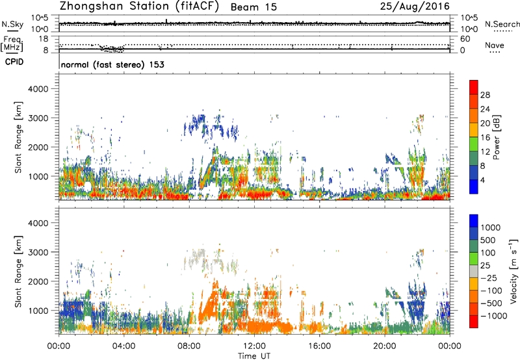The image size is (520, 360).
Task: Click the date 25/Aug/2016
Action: point(418,7)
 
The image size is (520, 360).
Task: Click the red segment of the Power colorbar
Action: point(474,88)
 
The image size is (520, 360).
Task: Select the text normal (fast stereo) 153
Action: point(112,65)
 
